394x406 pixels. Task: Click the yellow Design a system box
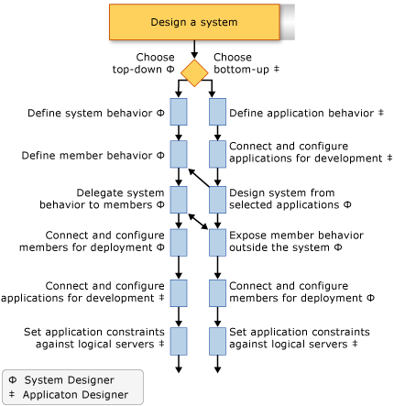click(195, 22)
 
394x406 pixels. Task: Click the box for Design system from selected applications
click(216, 199)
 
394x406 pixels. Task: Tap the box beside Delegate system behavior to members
click(178, 199)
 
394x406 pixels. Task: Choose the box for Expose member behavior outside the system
click(216, 242)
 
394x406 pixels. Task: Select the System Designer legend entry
click(57, 379)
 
